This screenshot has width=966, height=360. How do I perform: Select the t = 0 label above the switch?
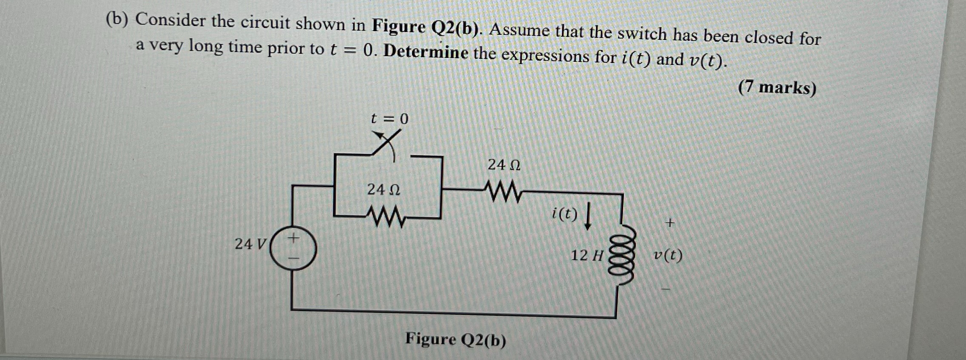(389, 118)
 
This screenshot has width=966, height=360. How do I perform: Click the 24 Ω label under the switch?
(383, 190)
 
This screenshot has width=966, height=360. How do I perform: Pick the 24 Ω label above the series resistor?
(504, 165)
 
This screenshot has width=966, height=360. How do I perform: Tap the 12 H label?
(587, 256)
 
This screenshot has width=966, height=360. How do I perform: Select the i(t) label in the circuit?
(564, 213)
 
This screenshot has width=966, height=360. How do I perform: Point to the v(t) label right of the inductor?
(668, 256)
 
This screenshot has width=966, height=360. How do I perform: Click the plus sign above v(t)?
(670, 222)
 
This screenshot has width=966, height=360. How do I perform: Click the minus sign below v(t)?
(665, 290)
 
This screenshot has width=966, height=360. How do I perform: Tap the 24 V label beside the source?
(250, 244)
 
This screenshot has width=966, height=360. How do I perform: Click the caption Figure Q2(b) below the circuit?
(456, 340)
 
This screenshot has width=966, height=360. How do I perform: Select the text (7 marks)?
(777, 88)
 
